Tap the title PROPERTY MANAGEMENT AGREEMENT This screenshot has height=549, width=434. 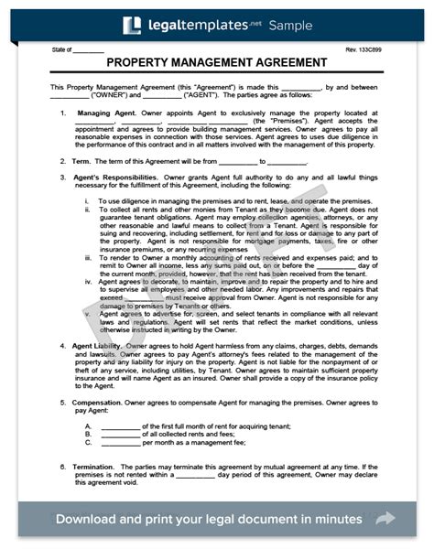[x=217, y=62]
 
